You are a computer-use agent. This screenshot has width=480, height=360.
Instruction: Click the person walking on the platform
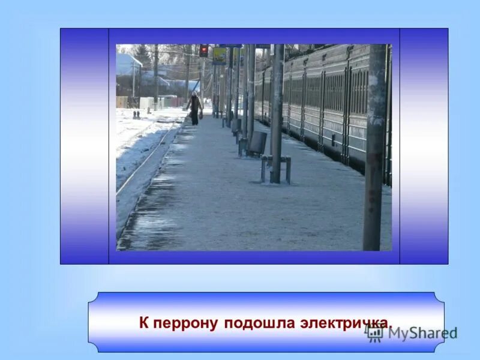tap(194, 109)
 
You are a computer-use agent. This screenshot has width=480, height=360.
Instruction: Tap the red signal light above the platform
tap(203, 50)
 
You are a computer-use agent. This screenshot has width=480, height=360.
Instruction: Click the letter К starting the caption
tap(144, 323)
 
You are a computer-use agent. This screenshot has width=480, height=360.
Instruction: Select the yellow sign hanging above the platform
tap(219, 56)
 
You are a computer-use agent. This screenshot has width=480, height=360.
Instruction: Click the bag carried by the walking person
tap(200, 114)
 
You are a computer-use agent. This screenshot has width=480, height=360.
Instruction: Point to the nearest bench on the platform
tap(276, 169)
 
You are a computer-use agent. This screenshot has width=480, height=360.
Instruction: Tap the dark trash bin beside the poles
tap(258, 143)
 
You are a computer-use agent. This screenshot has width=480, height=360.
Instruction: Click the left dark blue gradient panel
tap(85, 146)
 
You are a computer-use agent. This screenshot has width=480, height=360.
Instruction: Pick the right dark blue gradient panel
tap(424, 146)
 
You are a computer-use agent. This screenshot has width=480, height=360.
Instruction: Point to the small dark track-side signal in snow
tap(136, 114)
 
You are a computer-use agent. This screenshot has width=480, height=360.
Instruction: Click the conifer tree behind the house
tap(143, 54)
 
